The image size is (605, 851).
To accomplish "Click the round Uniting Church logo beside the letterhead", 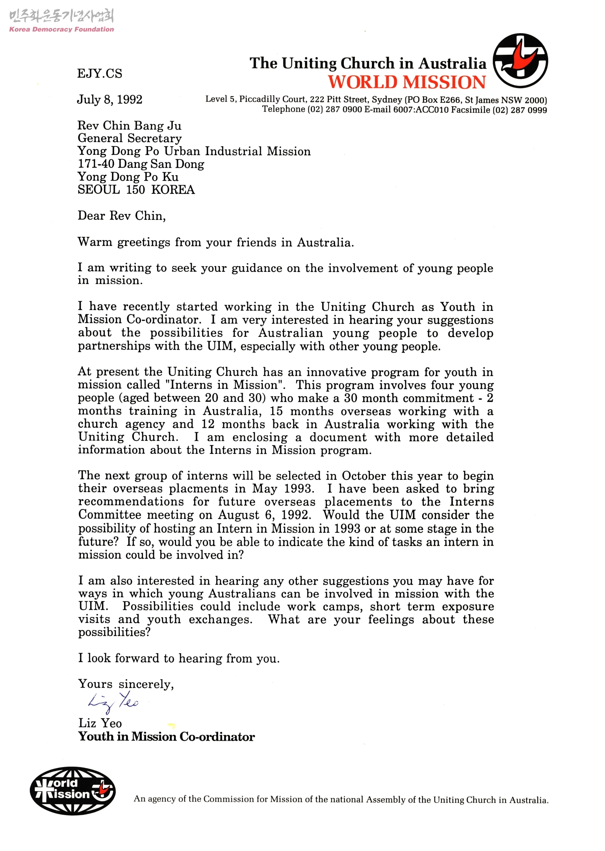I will (x=520, y=61).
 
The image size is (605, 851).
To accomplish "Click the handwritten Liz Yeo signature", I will (x=113, y=702).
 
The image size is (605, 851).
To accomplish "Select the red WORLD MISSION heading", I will (x=407, y=82).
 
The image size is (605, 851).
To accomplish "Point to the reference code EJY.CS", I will (x=100, y=74).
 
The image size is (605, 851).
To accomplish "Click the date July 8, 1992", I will (x=109, y=99).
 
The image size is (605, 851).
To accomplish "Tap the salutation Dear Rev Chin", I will (x=121, y=216).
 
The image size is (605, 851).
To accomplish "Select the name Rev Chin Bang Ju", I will (x=129, y=126).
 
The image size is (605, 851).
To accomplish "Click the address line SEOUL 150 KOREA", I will (x=136, y=190).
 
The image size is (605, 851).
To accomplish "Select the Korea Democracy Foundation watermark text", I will (x=61, y=29).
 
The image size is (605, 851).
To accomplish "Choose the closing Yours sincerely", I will (x=126, y=684).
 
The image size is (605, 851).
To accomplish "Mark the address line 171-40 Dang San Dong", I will (x=141, y=164).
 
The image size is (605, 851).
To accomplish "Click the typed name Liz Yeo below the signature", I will (x=100, y=723).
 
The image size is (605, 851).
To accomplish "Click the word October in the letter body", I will (x=366, y=476).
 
